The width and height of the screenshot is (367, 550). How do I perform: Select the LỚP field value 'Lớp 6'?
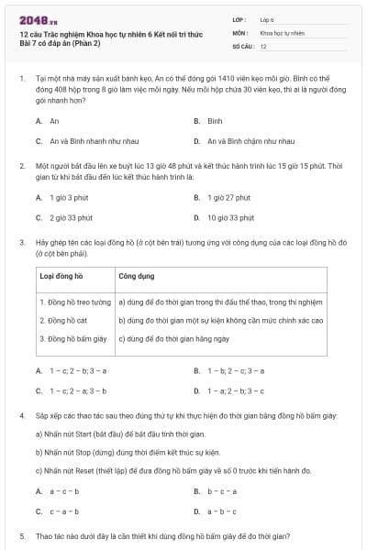(x=269, y=18)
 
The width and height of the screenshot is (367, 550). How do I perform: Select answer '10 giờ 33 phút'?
(x=229, y=217)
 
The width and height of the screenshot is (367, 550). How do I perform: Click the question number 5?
(x=22, y=534)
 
